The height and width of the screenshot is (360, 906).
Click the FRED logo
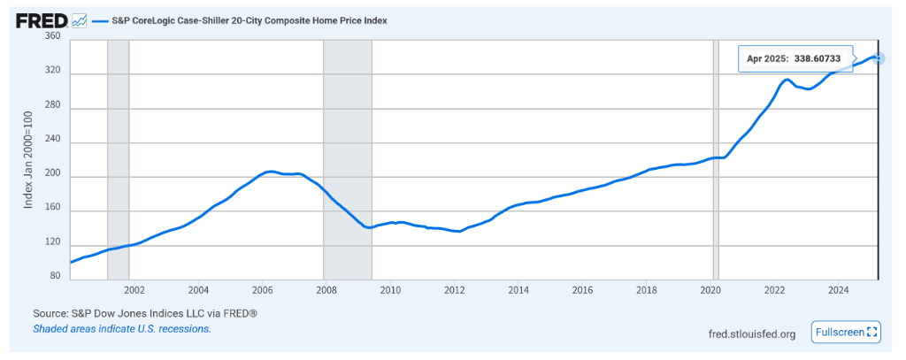pyautogui.click(x=40, y=19)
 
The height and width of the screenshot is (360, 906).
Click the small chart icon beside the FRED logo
pyautogui.click(x=79, y=19)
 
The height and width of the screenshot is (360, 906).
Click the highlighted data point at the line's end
pyautogui.click(x=878, y=58)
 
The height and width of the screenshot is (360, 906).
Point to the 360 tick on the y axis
pyautogui.click(x=52, y=37)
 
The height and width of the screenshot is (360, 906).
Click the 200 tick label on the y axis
pyautogui.click(x=52, y=176)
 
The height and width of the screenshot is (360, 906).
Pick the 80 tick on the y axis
pyautogui.click(x=55, y=276)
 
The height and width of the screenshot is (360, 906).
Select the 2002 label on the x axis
pyautogui.click(x=134, y=290)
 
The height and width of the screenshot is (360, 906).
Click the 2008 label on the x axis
pyautogui.click(x=326, y=290)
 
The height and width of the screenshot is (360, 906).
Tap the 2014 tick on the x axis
pyautogui.click(x=518, y=290)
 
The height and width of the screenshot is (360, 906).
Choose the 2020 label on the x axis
pyautogui.click(x=710, y=290)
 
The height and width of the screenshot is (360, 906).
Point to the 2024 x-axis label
pyautogui.click(x=839, y=290)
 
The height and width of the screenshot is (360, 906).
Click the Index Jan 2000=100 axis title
pyautogui.click(x=28, y=159)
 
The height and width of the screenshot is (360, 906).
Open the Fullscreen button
pyautogui.click(x=846, y=332)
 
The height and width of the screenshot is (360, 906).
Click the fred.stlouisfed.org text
pyautogui.click(x=752, y=333)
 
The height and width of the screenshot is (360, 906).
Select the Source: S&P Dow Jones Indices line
pyautogui.click(x=145, y=313)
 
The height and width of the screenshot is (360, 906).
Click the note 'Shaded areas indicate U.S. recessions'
pyautogui.click(x=122, y=328)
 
